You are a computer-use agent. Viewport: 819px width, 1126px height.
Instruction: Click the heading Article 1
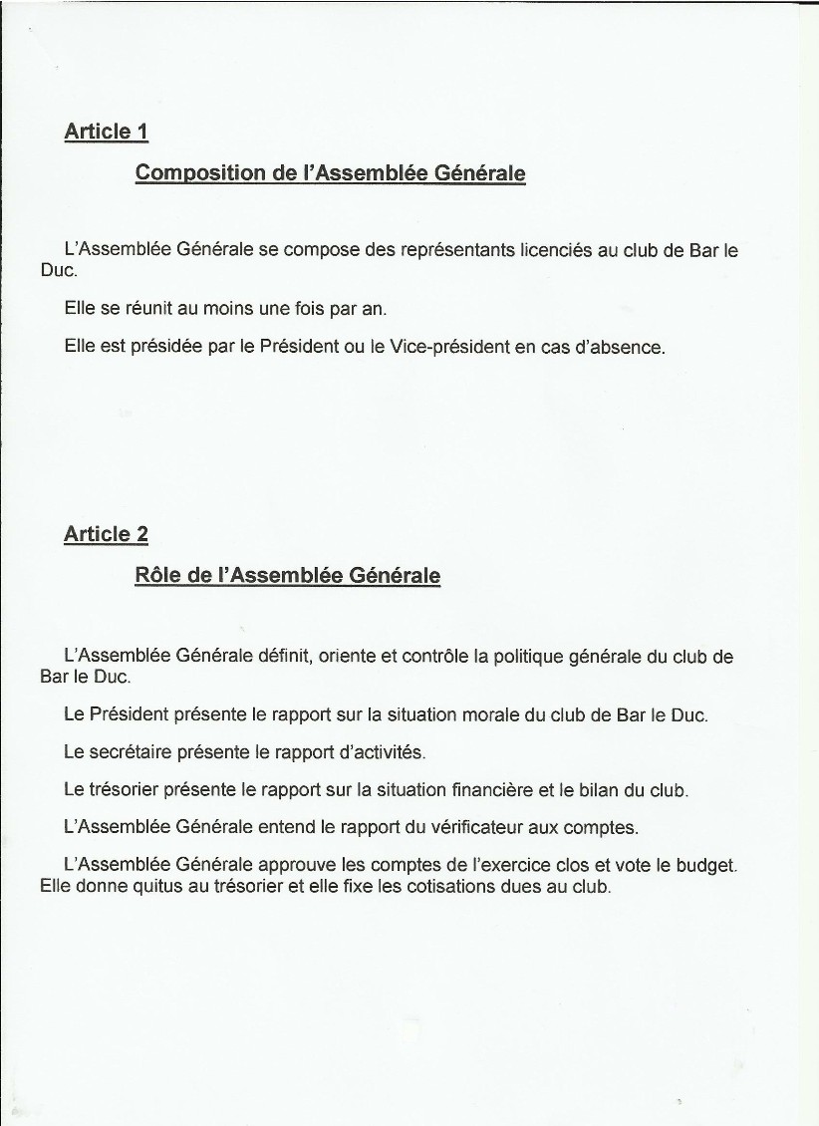106,131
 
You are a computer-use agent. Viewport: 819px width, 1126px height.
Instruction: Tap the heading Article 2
106,534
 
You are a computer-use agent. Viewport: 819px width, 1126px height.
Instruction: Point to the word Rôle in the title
157,576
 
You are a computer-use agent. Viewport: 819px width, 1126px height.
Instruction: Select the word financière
493,790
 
